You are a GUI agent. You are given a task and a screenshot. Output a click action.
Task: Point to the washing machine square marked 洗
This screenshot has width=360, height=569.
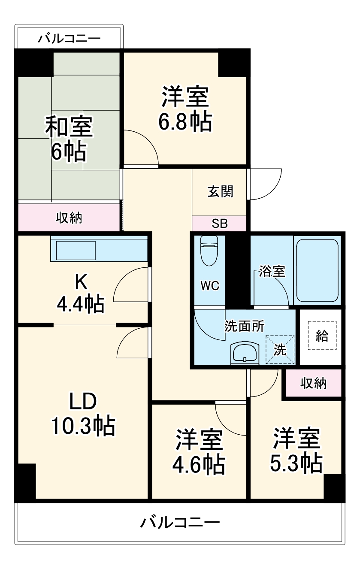click(280, 349)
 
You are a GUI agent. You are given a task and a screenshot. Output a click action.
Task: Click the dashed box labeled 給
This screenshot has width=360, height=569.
click(322, 336)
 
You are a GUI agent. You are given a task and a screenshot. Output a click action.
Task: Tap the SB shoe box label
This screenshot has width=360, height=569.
click(220, 224)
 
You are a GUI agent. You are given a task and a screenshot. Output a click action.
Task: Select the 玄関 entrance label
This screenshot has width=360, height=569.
click(220, 191)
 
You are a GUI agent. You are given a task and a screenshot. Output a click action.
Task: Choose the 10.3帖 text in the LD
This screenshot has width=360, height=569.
click(83, 425)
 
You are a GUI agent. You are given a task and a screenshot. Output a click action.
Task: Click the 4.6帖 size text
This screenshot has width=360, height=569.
click(199, 463)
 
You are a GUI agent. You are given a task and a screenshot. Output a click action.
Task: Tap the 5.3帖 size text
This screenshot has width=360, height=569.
click(296, 463)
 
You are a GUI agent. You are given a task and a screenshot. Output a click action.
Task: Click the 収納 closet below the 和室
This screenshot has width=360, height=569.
click(69, 218)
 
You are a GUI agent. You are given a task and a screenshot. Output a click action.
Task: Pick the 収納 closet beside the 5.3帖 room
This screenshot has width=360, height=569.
click(313, 383)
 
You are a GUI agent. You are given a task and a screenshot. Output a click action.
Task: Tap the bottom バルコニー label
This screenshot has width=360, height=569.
click(180, 522)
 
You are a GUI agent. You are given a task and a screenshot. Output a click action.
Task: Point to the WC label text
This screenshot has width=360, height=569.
click(210, 286)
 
